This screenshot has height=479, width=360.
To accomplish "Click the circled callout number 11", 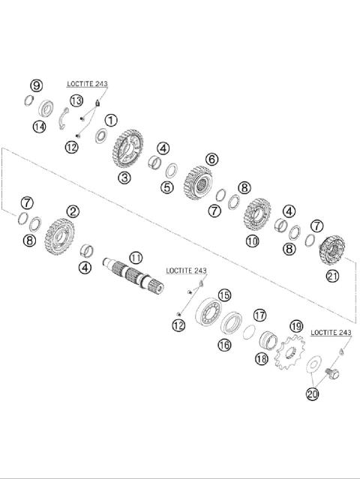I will pos(134,256).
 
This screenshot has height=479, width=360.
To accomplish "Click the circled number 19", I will pos(296,326).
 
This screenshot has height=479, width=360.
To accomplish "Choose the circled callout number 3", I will pos(124,178).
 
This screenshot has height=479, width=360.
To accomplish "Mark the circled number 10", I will pos(252,241).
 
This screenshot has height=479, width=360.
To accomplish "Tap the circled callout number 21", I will pos(332,277).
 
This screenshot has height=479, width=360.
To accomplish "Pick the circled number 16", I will pos(223,344).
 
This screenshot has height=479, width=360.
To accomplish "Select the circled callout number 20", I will pos(311,392).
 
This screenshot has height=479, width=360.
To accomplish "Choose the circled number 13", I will pos(76,101).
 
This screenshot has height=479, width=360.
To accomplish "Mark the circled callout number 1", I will pos(111,120).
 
